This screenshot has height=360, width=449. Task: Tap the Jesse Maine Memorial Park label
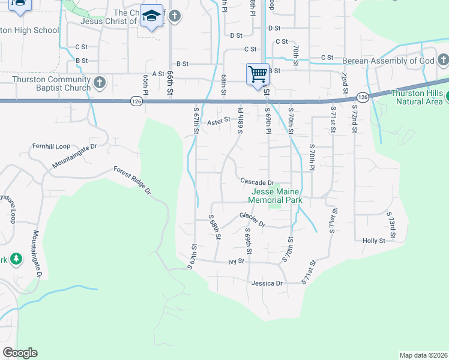[x=275, y=195]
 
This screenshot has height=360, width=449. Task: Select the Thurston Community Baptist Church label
[x=52, y=83]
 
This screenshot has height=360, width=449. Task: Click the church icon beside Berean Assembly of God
[x=443, y=61]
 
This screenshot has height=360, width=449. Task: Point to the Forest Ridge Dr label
[x=132, y=179]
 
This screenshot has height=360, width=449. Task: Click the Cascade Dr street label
[x=257, y=182]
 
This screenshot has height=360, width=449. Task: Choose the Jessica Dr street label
[x=267, y=283]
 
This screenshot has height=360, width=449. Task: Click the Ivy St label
[x=237, y=262]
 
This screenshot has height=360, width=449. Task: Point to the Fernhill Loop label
[x=51, y=146]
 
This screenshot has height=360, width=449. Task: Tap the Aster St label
[x=218, y=121]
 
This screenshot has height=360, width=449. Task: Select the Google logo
[x=20, y=353]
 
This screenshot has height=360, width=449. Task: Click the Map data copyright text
[x=423, y=355]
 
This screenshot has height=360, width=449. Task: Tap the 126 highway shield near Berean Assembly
[x=361, y=97]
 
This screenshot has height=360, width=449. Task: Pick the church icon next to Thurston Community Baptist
[x=100, y=83]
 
